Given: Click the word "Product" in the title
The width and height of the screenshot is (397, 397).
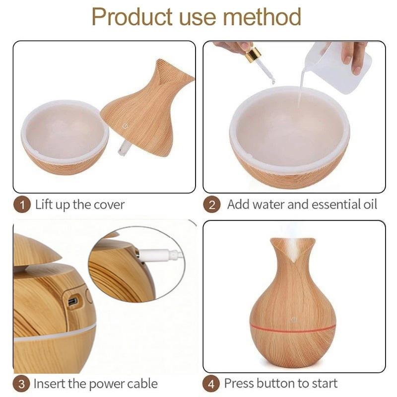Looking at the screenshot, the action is pos(132,17).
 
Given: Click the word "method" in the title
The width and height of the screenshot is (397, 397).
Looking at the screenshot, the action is pos(262,17).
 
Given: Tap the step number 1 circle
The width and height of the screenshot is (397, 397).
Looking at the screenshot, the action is pos(22,205).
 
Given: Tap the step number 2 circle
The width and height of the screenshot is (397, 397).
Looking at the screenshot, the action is pos(212,205).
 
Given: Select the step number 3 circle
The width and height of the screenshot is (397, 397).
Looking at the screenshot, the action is pos(21,384).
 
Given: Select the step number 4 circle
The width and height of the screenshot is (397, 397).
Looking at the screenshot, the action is pos(211,384).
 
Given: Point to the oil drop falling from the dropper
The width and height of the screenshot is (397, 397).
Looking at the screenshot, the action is pos(273,81).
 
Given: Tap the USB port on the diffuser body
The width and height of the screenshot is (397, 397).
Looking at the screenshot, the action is pos(73,301).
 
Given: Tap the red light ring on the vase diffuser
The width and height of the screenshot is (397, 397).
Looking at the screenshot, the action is pos(293,329).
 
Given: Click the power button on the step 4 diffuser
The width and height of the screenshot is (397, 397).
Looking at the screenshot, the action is pos(293,320).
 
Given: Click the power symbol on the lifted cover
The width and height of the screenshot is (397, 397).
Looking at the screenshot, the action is pos(125,126).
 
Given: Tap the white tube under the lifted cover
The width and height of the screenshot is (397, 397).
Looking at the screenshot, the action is pos(124,148).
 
